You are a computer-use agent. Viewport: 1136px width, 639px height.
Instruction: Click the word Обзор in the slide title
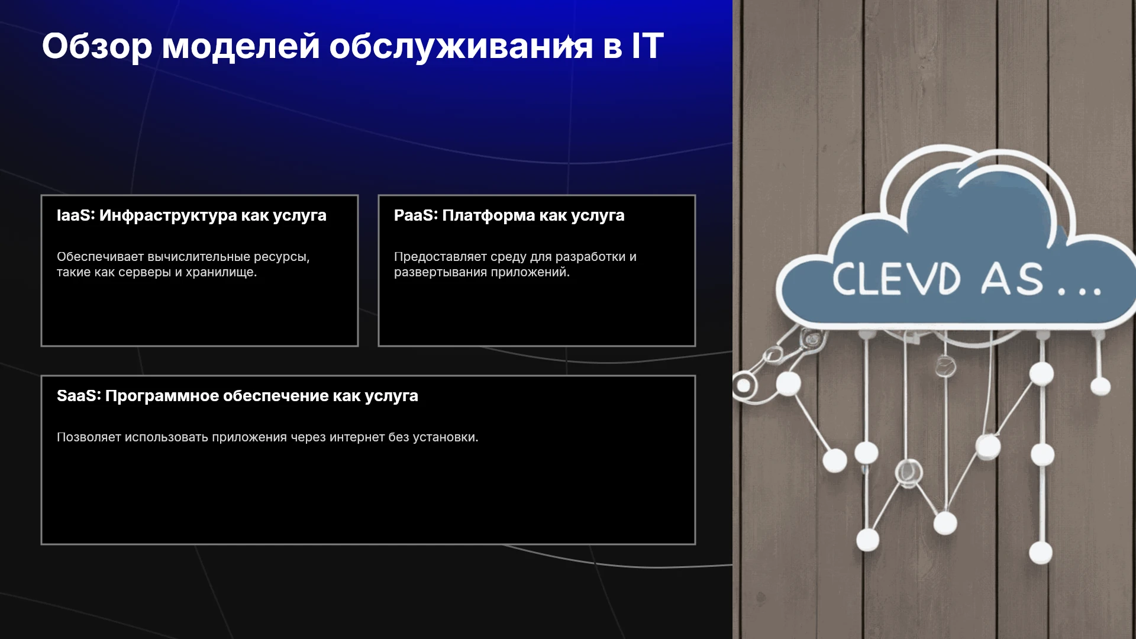(x=97, y=46)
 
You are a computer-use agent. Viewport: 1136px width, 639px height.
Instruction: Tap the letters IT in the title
(x=647, y=46)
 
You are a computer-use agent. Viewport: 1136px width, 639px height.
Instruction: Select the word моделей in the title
(x=241, y=46)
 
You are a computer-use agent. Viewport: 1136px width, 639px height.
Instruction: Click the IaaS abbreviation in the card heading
(x=75, y=215)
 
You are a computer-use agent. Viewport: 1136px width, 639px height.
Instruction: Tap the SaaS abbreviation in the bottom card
(x=78, y=395)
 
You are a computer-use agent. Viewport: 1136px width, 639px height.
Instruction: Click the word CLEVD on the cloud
(x=896, y=279)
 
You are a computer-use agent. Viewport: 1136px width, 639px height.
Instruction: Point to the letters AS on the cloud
(x=1012, y=279)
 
